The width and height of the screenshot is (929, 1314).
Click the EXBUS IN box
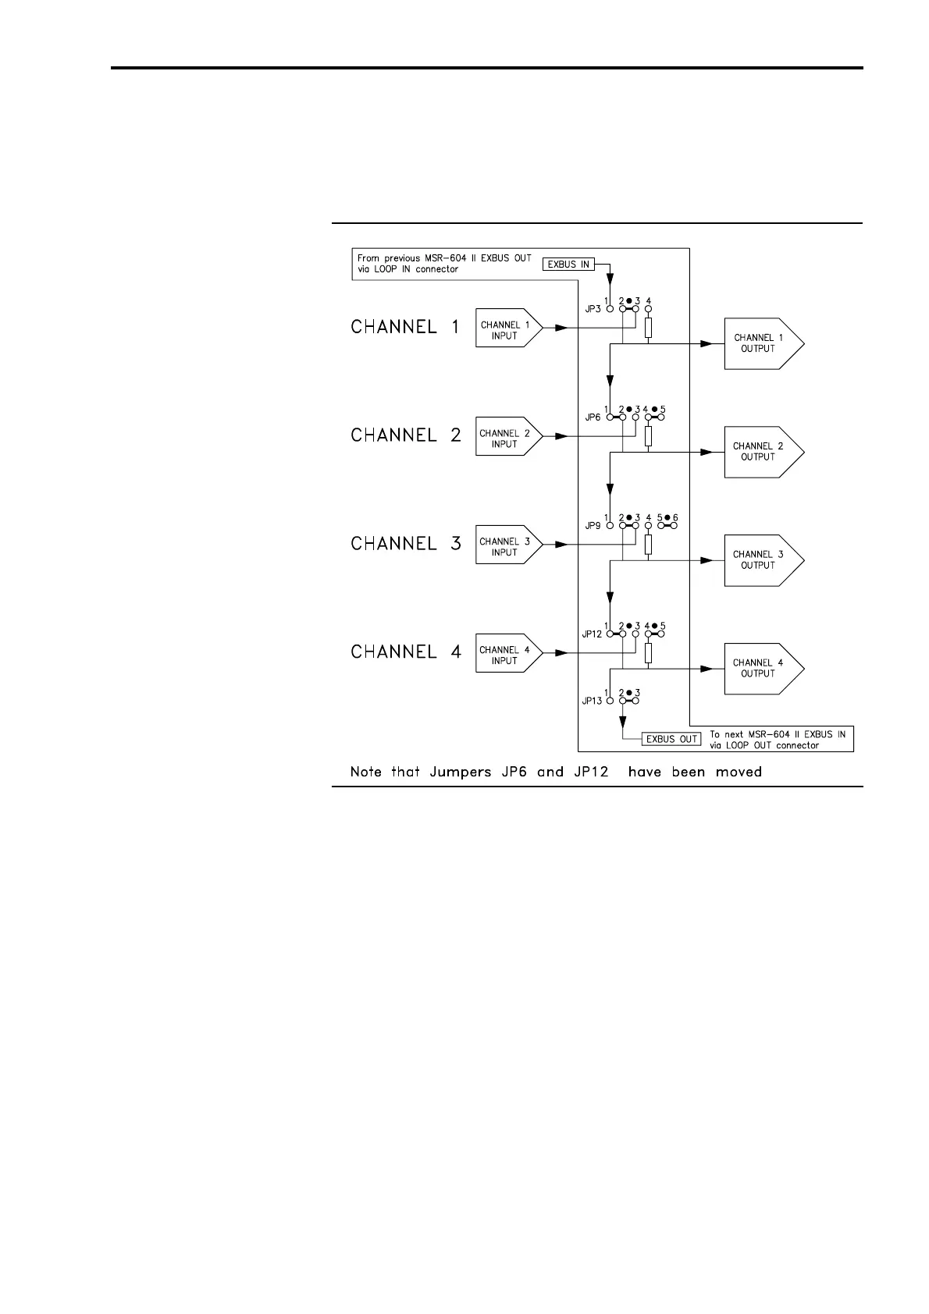tap(568, 265)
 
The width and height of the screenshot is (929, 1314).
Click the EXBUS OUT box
tap(671, 739)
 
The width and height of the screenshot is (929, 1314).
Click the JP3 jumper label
tap(593, 309)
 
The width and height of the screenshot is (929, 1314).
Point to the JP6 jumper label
tap(593, 417)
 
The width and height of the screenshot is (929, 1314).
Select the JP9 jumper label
tap(593, 526)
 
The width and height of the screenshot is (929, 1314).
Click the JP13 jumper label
tap(591, 701)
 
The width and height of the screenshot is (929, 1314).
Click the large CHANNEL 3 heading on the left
tap(406, 543)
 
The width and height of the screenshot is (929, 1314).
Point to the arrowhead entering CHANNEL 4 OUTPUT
tap(707, 669)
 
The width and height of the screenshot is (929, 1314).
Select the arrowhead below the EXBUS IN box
tap(610, 279)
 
